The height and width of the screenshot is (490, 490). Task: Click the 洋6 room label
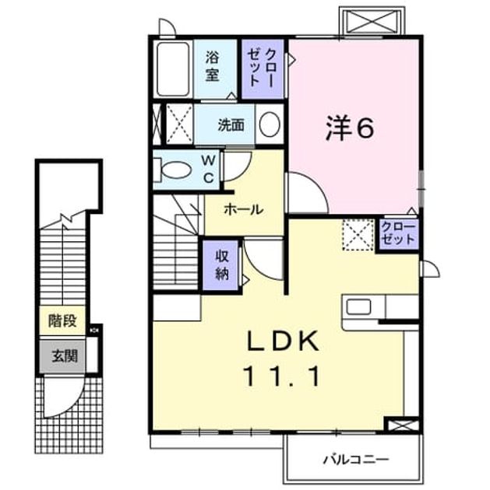pos(350,128)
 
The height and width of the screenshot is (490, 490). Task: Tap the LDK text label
pos(284,341)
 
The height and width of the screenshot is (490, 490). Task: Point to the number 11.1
pos(282,376)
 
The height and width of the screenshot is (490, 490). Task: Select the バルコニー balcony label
pos(356,460)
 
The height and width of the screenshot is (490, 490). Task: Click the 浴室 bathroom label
pos(212,67)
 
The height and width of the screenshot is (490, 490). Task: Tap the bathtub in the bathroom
pos(174,69)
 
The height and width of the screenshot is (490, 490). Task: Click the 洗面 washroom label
pos(231,125)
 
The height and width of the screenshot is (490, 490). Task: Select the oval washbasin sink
pos(270,124)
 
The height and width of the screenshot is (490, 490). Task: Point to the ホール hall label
pos(244,210)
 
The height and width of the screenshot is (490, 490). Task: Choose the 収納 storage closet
pos(222,265)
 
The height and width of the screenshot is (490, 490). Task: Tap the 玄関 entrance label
pos(65,356)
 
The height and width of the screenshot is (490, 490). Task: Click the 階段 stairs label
pos(62,320)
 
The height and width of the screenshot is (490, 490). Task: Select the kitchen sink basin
pos(358,306)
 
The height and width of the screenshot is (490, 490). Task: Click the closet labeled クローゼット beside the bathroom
pos(263,68)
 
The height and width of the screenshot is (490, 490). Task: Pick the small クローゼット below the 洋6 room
pos(398,234)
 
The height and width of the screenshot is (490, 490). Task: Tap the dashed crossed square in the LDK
pos(358,235)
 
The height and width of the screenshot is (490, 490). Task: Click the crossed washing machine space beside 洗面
pos(179,124)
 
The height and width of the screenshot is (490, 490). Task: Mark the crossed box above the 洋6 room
pos(372,21)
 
